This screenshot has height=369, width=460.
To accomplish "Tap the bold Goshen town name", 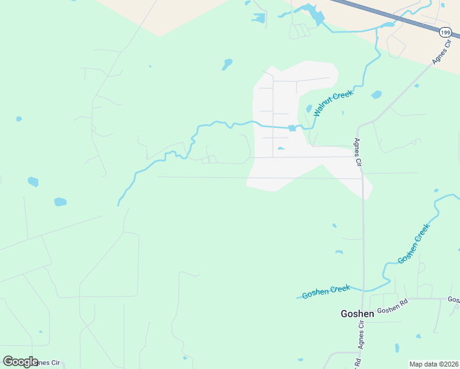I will point(357,314).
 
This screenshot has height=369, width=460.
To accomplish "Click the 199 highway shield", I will point(445,32).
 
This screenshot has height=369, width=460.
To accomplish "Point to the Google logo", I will point(20,362).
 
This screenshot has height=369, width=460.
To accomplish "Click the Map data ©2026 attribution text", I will point(434,364).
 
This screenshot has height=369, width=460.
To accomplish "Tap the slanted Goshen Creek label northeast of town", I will point(413,244).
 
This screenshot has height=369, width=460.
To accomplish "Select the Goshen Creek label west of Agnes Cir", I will point(326,292).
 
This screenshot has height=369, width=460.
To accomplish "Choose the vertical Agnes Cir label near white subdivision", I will point(357,153).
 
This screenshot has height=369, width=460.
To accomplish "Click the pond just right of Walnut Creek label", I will point(376,95).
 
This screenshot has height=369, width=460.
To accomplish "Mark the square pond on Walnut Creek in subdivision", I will point(292,128).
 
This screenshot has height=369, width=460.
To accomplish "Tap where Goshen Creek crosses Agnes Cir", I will point(363,290).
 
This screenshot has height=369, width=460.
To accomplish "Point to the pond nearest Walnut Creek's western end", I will point(60,202).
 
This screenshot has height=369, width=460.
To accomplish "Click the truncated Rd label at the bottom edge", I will point(358,363).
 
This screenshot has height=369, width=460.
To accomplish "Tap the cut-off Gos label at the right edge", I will point(454,300).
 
